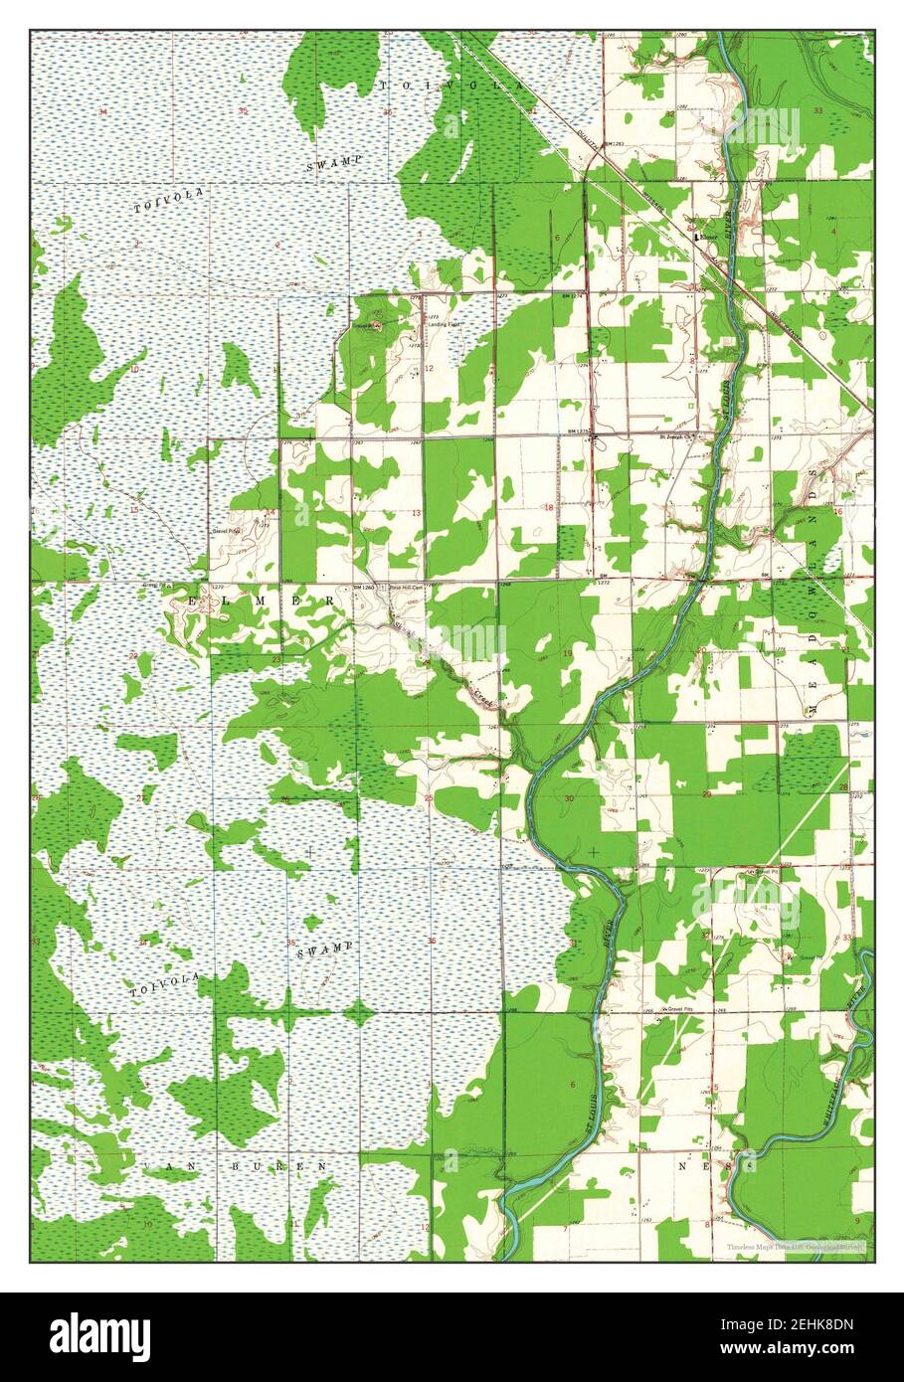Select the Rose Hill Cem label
399,589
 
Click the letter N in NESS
683,1164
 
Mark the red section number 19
568,653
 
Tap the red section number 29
706,795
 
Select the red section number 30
569,798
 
